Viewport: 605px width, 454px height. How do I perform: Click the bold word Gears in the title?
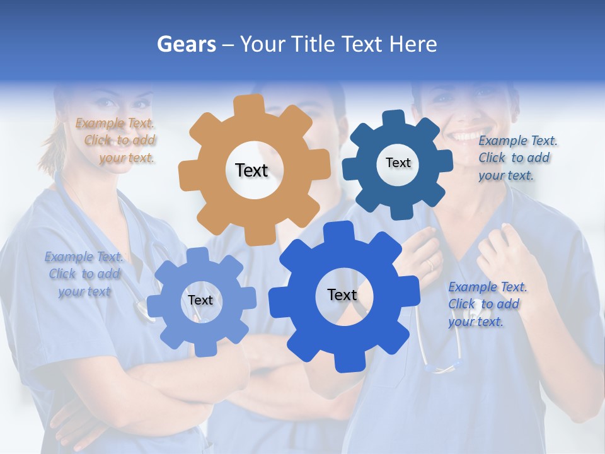(x=187, y=44)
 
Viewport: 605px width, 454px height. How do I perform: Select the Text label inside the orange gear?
(x=251, y=170)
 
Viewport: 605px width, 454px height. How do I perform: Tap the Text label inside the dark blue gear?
(x=398, y=163)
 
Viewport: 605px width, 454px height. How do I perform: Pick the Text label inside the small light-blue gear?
(x=200, y=301)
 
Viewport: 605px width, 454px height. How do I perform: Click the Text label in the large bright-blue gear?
(x=342, y=295)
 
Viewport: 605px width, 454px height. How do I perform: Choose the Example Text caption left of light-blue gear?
(x=84, y=274)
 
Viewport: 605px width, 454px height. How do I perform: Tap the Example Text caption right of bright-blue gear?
(x=487, y=304)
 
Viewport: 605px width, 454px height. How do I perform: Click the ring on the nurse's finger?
(x=431, y=265)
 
